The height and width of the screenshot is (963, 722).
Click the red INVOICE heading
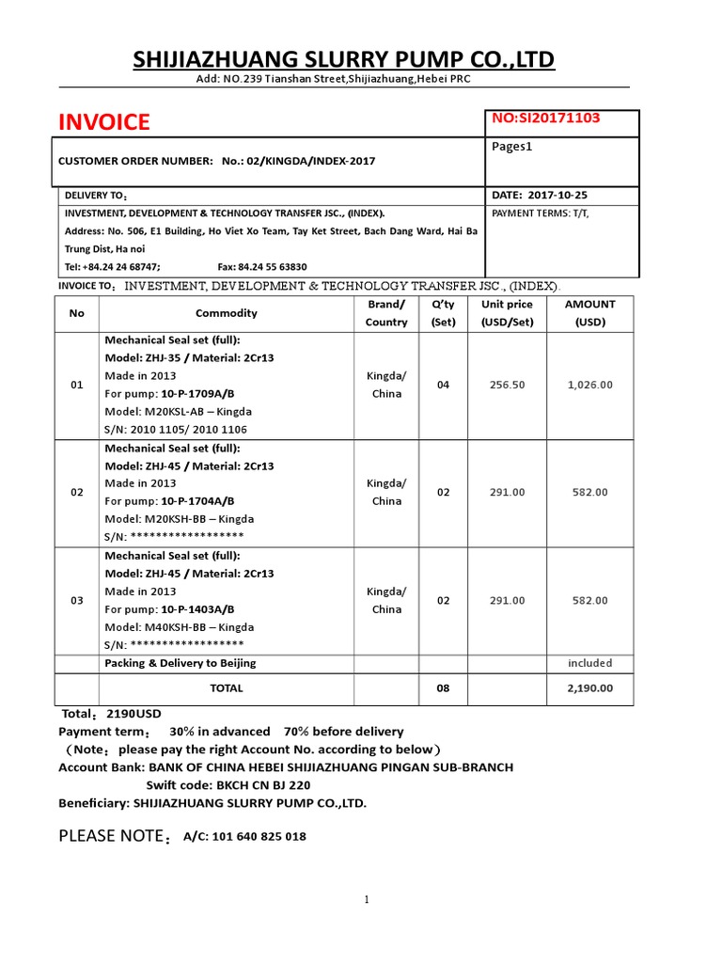(103, 122)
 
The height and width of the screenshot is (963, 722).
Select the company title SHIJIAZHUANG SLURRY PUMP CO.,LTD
(343, 60)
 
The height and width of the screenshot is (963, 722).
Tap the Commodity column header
(226, 313)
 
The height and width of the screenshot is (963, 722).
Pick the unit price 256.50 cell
(507, 385)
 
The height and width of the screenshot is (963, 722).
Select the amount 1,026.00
(589, 385)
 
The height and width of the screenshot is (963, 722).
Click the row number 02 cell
(77, 493)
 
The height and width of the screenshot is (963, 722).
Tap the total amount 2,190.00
(589, 688)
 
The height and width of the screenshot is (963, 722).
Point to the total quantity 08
(444, 688)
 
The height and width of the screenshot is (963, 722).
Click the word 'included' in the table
(589, 663)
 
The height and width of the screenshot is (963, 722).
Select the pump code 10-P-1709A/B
(197, 393)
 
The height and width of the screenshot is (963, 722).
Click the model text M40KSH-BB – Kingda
(179, 627)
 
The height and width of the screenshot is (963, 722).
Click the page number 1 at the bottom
(368, 900)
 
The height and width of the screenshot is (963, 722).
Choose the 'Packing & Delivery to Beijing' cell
(180, 663)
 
